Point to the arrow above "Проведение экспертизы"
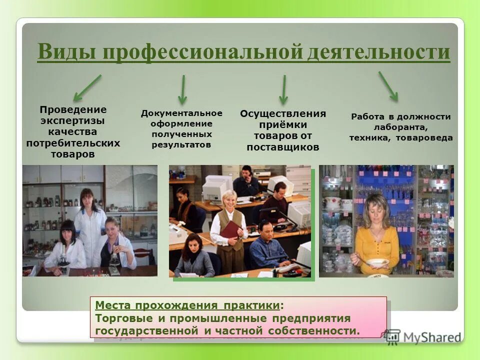point(87,87)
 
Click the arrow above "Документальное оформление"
point(183,89)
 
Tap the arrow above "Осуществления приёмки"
point(284,89)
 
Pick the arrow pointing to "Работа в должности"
point(388,86)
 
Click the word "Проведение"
point(73,109)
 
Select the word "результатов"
point(181,144)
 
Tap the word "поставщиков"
point(282,147)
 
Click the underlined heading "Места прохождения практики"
point(187,305)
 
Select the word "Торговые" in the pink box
point(121,318)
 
